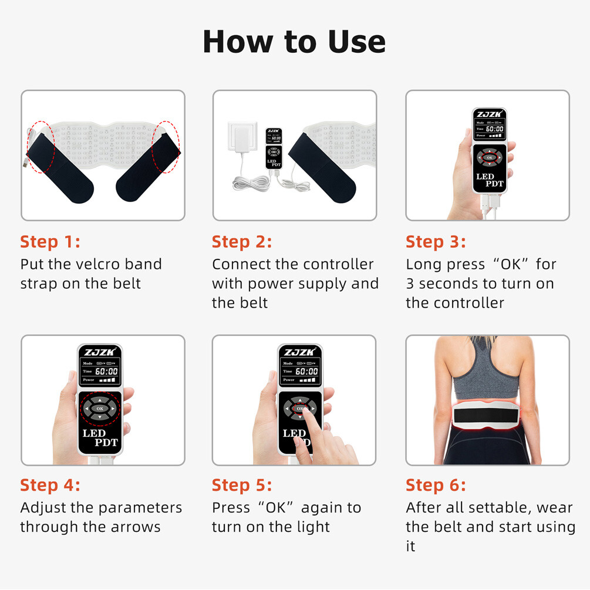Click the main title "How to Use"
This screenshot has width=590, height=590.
(x=294, y=42)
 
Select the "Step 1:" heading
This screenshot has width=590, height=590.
(x=50, y=242)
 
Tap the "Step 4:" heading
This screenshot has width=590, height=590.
(x=50, y=486)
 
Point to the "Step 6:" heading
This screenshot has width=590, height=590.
(x=436, y=486)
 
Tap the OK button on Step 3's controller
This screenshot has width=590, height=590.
(x=489, y=157)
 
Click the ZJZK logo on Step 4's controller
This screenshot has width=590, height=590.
(x=99, y=352)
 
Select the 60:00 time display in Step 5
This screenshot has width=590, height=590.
(x=306, y=372)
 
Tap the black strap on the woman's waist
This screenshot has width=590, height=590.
(x=487, y=419)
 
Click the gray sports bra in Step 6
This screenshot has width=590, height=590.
(x=486, y=375)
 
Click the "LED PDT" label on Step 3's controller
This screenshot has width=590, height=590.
(x=489, y=180)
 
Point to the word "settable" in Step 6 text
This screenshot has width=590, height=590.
(x=498, y=508)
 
